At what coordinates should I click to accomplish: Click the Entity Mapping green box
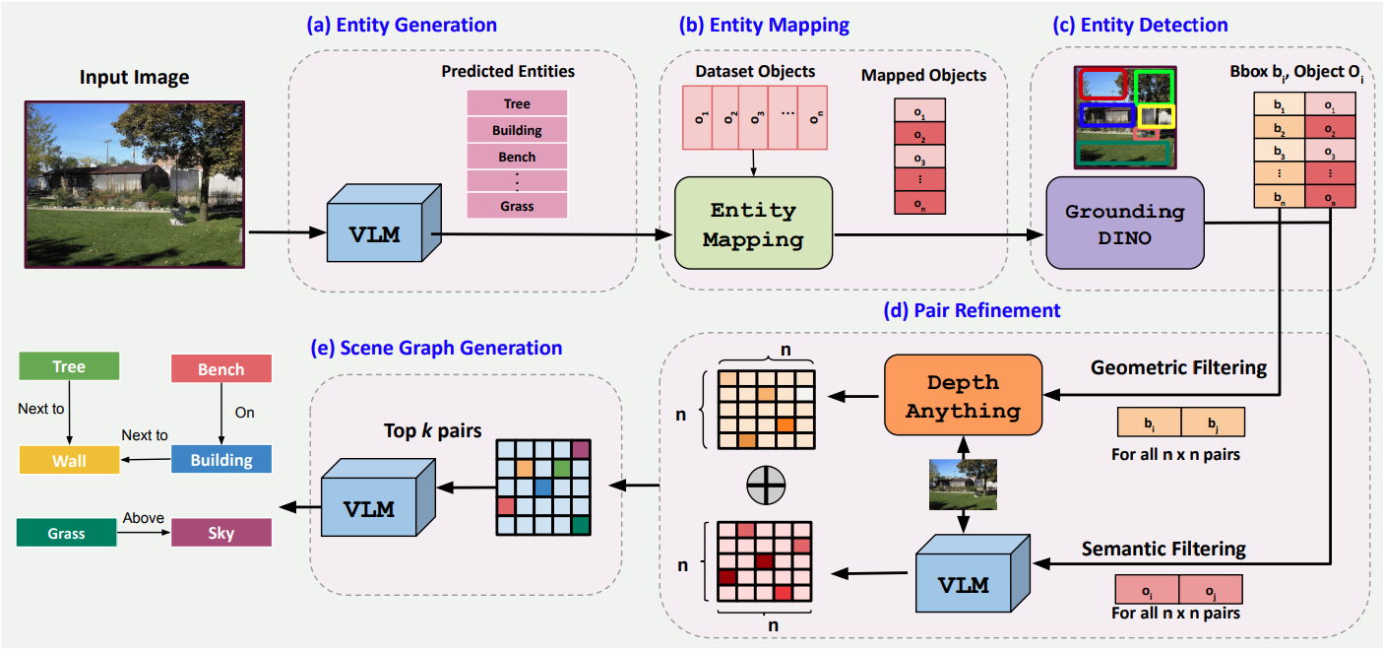click(x=753, y=224)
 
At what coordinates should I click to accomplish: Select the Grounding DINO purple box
click(x=1125, y=224)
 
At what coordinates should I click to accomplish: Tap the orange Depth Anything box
click(x=963, y=397)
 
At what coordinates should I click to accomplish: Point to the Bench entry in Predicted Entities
click(x=517, y=157)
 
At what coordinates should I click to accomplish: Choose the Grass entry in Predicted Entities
click(x=517, y=206)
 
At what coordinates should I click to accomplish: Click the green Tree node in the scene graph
click(x=69, y=366)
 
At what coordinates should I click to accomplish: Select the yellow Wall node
click(x=69, y=459)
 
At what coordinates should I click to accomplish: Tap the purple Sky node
click(x=221, y=534)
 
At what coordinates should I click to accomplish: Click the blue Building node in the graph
click(x=221, y=460)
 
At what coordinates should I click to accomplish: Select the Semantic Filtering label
click(x=1164, y=549)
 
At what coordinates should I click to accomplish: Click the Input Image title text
click(x=134, y=77)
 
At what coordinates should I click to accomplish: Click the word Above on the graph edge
click(x=143, y=518)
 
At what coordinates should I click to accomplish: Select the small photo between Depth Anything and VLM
click(x=963, y=485)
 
